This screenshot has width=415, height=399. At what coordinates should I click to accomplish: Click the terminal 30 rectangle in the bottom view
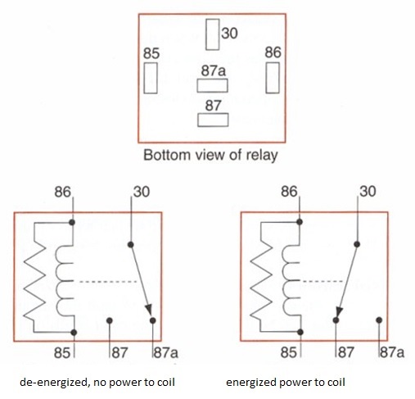tap(213, 34)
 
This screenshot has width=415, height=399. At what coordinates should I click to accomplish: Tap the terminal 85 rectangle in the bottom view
tap(151, 78)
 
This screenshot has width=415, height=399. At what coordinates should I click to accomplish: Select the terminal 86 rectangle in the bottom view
tap(273, 78)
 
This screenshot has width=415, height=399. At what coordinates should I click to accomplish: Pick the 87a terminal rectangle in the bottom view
tap(212, 86)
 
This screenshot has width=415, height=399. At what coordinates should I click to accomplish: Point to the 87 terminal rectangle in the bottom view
tap(213, 120)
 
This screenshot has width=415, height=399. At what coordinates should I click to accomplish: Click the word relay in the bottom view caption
tap(262, 155)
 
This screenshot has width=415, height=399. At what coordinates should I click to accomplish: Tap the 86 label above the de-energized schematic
tap(62, 192)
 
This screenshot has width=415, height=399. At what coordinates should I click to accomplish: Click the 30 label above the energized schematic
tap(368, 191)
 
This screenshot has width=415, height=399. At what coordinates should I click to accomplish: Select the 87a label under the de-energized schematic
tap(166, 352)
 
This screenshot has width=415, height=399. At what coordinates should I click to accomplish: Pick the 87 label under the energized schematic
tap(346, 351)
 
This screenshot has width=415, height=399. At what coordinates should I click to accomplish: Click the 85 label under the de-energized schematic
tap(62, 352)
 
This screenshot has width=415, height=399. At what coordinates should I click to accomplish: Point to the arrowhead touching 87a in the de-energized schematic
tap(149, 311)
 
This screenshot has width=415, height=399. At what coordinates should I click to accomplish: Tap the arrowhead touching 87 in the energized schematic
tap(339, 311)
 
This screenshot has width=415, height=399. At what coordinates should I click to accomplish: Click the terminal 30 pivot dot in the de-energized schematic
tap(131, 245)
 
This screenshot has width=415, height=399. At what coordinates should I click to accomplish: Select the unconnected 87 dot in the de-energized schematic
tap(110, 320)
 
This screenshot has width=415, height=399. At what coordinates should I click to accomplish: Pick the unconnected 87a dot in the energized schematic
tap(379, 320)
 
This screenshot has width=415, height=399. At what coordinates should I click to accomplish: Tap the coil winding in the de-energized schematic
tap(65, 281)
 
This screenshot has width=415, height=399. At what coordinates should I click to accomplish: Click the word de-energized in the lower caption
tap(54, 383)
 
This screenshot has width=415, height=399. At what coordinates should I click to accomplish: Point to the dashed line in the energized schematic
tap(323, 281)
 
